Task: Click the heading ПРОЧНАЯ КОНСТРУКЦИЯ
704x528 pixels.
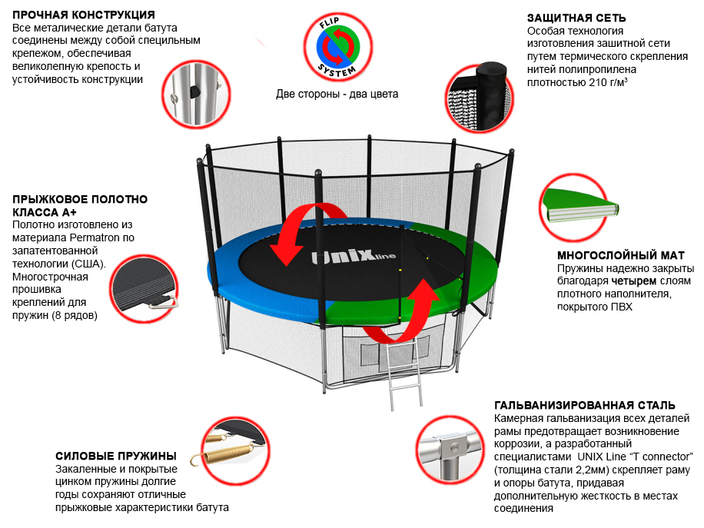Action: [84, 15]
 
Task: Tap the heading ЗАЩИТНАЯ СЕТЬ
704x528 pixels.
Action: [576, 18]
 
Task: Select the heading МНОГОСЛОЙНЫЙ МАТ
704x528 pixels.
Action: [620, 255]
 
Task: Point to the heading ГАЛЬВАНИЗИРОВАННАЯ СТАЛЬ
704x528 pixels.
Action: [585, 405]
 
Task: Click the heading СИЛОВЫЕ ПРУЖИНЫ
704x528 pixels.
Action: [116, 456]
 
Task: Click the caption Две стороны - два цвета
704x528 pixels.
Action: [337, 95]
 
